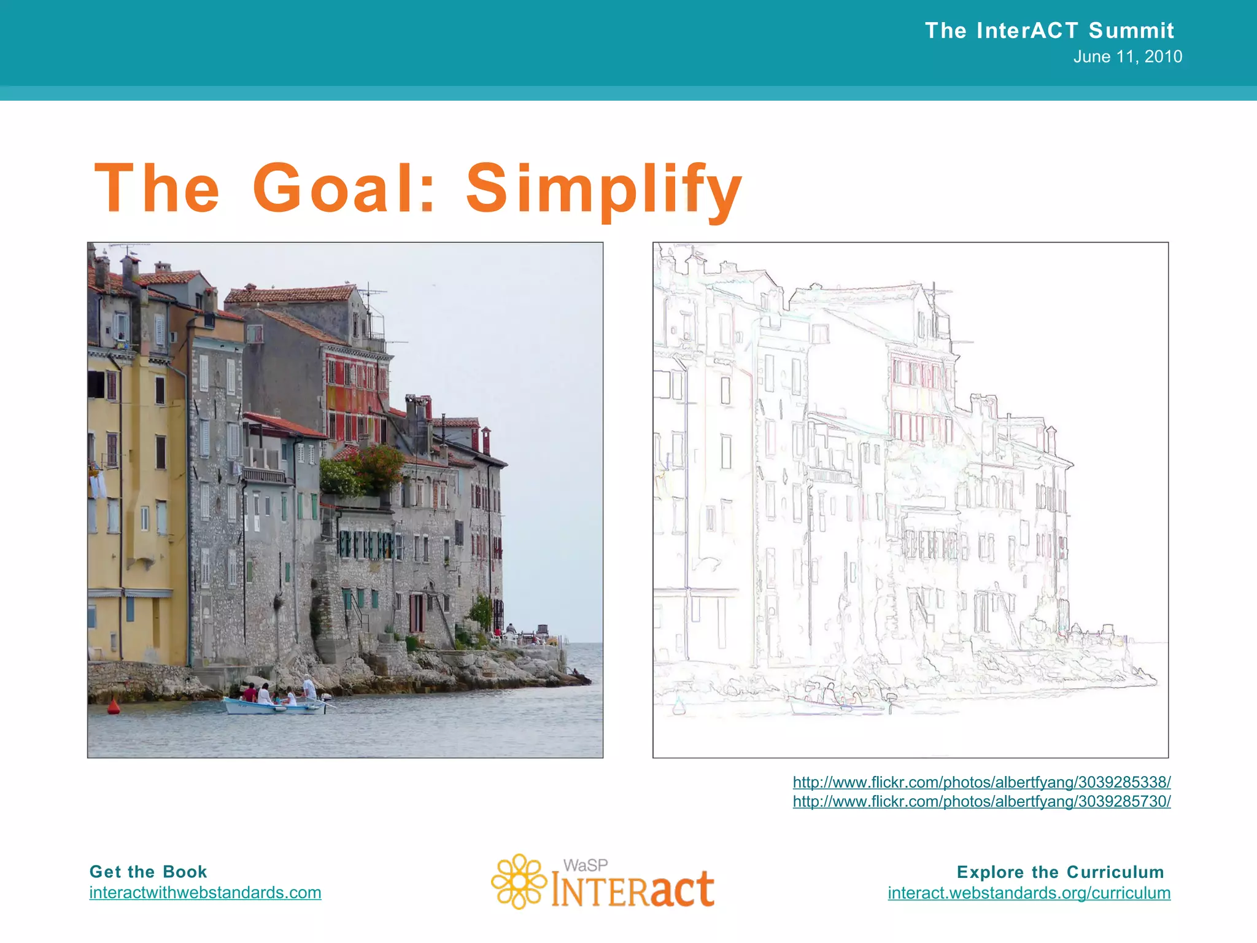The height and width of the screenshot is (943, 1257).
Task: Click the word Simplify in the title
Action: pos(605,188)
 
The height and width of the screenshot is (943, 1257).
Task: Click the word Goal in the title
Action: pos(334,188)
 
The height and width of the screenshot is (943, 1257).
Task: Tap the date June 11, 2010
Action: pos(1127,56)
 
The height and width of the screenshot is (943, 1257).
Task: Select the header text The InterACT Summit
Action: pos(1049,30)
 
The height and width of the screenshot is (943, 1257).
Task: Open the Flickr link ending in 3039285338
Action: pos(981,782)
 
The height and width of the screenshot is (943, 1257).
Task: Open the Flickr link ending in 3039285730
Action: pos(981,801)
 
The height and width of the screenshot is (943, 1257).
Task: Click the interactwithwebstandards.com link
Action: pos(205,893)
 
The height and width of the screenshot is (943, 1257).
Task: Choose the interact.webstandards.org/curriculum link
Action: pos(1029,893)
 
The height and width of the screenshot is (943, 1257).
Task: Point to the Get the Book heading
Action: pos(148,872)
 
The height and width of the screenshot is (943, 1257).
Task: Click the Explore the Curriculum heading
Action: pos(1060,872)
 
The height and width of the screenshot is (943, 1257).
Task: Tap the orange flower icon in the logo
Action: pos(519,881)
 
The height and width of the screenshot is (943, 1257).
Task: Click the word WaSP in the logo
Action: pos(586,865)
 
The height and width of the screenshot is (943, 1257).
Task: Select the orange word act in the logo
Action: pos(682,889)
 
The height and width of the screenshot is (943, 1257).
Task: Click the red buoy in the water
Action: pos(114,708)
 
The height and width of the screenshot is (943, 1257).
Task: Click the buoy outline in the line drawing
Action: pos(679,707)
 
